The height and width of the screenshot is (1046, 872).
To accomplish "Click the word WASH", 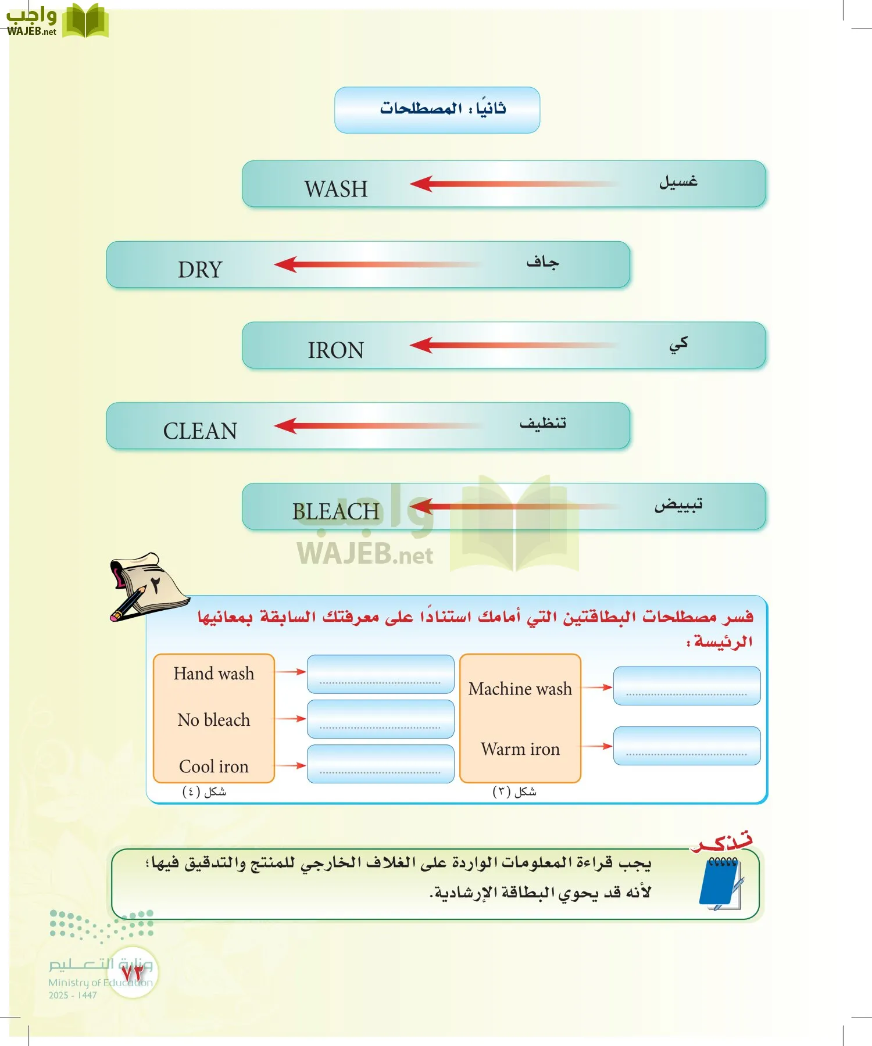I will pos(336,189).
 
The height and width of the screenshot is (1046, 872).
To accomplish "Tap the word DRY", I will pos(200,270).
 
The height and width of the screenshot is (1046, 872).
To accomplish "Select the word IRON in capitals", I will pos(335,350).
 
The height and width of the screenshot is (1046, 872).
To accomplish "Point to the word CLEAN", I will pos(200,431).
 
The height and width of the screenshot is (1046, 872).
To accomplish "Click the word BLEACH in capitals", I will pos(335,511).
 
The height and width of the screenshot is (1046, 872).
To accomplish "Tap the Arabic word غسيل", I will pos(678,182).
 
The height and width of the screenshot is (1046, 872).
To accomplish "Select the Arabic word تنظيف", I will pos(542,423).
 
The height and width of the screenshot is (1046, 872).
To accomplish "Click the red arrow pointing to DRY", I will pos(372,265).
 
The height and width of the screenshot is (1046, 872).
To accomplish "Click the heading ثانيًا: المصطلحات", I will pos(442,109).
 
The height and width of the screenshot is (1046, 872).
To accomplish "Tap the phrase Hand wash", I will pos(213,674).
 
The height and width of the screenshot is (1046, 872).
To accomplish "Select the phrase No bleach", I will pos(213,720).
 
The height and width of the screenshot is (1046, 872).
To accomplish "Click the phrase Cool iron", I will pos(213,766).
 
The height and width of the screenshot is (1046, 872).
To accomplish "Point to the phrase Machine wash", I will pos(520,689).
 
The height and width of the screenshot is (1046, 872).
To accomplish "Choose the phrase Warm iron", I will pos(520,749).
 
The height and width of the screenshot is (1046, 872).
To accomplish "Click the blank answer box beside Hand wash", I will pos(380,674).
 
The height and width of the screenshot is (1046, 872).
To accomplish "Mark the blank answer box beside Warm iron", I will pos(687,746).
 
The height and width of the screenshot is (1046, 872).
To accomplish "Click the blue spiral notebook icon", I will pos(721,883).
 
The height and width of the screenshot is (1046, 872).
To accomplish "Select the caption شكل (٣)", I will pos(514,791).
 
